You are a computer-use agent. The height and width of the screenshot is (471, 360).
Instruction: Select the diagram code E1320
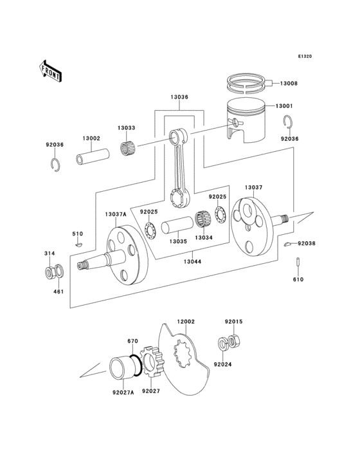(305, 57)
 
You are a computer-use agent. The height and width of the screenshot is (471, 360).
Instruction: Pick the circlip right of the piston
(289, 122)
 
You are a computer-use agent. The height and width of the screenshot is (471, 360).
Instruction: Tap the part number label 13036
(179, 98)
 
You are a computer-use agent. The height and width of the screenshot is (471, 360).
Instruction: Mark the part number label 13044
(191, 263)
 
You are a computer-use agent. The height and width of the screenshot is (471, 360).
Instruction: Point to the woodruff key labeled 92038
(289, 244)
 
